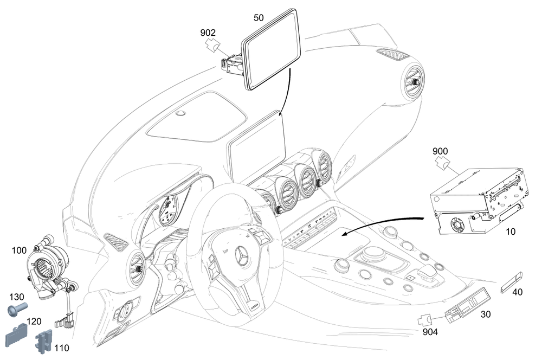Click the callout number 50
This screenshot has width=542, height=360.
[x=259, y=18]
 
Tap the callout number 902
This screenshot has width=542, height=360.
[x=208, y=33]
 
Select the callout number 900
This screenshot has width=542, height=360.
[x=440, y=151]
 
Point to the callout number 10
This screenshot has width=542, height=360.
[x=511, y=232]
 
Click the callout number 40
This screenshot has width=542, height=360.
[x=517, y=292]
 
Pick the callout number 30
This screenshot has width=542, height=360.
[x=486, y=314]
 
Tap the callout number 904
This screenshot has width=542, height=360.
[x=430, y=332]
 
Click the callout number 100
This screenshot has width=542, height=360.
[x=19, y=250]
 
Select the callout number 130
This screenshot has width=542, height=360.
[x=17, y=297]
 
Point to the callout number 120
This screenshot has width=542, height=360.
[x=34, y=322]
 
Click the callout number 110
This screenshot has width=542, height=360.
[x=62, y=348]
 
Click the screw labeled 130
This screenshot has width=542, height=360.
[x=17, y=309]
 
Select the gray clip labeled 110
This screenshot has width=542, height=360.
[x=43, y=342]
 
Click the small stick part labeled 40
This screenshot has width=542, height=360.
[x=512, y=282]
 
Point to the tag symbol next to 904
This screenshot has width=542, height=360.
[x=425, y=320]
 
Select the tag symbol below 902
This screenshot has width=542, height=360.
[x=213, y=44]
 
